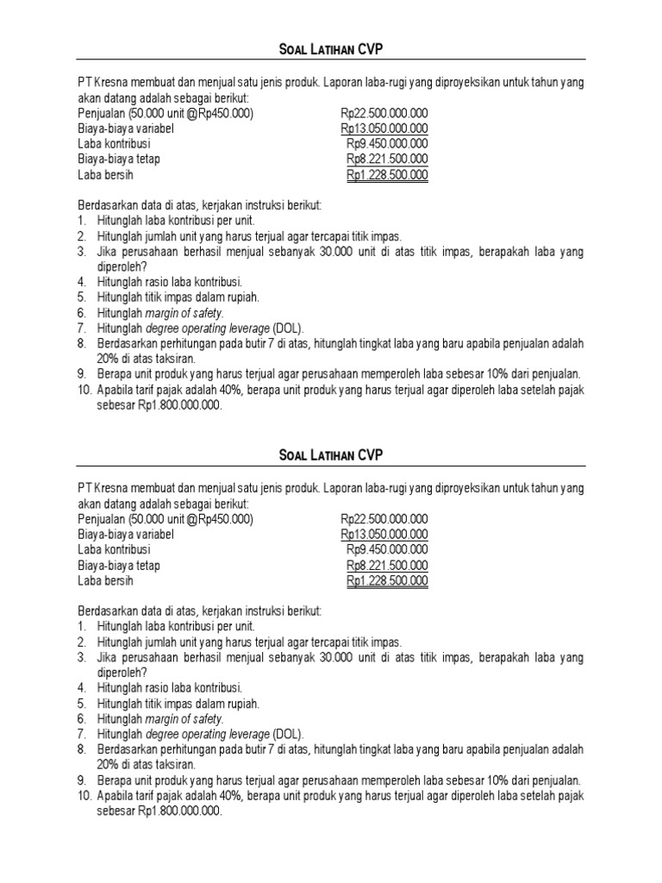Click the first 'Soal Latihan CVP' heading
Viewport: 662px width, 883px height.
pos(331,48)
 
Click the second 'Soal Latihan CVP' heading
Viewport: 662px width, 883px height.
pos(331,454)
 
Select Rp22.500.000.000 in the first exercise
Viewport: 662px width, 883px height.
pos(384,113)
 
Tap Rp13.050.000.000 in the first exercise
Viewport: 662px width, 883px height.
pos(384,128)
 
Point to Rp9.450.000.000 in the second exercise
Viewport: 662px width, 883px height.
pos(387,549)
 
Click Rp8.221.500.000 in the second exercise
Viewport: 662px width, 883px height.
pos(387,565)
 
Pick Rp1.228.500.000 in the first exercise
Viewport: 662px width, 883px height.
pos(387,175)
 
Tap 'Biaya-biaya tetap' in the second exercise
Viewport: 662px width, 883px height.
pos(119,565)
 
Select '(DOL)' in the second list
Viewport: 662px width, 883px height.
pos(288,733)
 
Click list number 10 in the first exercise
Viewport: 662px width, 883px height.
pos(84,390)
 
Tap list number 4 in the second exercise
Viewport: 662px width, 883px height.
pos(81,686)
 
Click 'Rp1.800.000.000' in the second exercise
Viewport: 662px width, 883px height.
pos(178,811)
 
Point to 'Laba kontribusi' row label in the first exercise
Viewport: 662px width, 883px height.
pos(114,144)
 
